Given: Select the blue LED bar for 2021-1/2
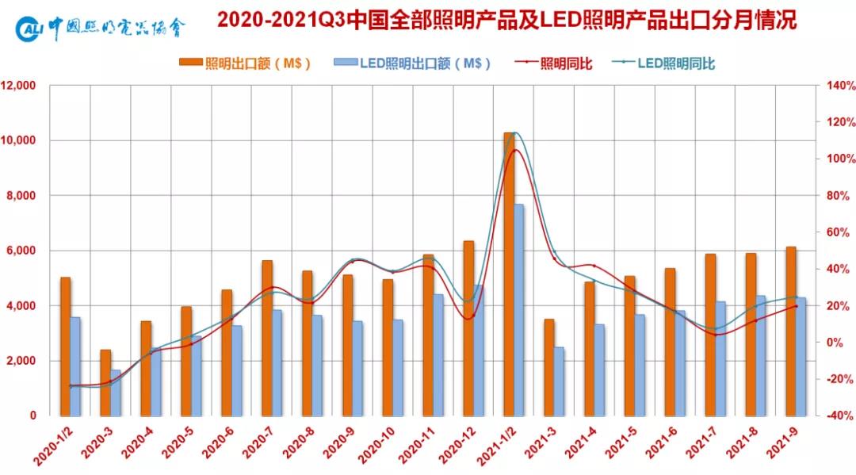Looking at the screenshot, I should (519, 309).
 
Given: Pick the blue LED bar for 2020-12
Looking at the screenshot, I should (479, 350).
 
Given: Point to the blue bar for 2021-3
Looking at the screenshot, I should (560, 381).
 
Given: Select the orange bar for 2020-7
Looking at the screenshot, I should (267, 337).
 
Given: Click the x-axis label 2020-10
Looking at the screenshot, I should (379, 446).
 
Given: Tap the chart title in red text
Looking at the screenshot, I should (506, 21).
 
